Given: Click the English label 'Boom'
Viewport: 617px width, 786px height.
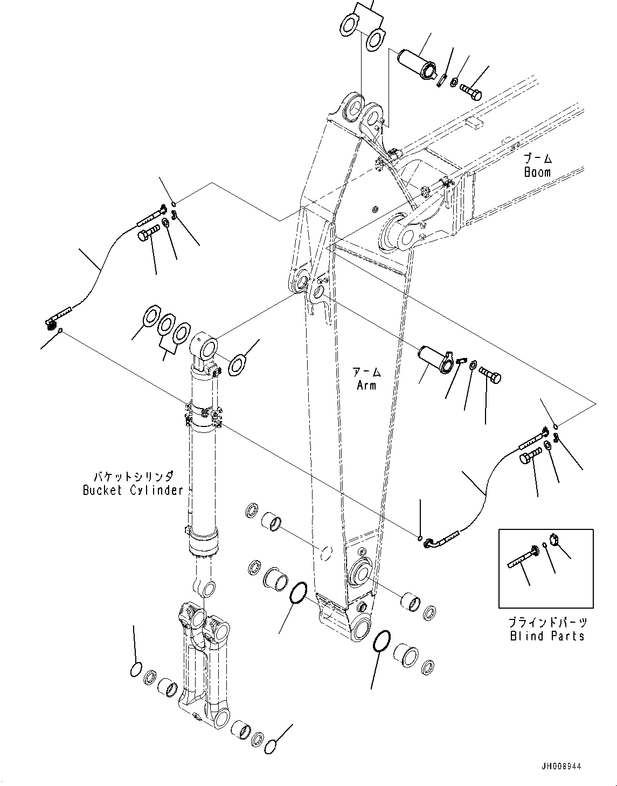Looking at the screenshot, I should point(537,173).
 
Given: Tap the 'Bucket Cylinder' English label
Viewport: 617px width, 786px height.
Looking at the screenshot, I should point(133,490).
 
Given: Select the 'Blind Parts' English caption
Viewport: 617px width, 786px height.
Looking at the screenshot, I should point(547,636).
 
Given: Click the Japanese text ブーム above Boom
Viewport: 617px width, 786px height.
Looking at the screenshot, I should point(538,158).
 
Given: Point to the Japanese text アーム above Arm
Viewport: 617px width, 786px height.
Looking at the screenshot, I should point(366,372).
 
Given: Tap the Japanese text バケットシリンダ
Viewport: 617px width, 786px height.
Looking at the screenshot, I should point(134,477).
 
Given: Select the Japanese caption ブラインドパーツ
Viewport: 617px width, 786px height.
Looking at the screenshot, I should point(547,623).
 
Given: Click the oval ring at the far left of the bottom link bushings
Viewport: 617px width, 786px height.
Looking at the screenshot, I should point(136,670).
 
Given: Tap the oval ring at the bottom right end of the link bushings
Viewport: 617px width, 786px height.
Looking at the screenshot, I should point(272,746).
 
